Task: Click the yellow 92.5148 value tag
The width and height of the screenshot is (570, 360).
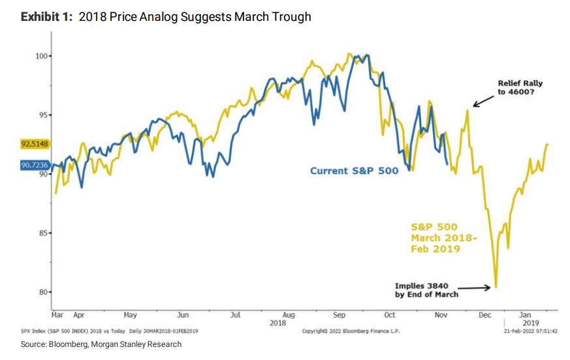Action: (x=35, y=144)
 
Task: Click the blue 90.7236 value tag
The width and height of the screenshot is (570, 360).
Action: (x=35, y=165)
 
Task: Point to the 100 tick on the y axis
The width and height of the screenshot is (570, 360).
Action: (x=41, y=56)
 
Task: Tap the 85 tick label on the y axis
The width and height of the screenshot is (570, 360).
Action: (x=43, y=233)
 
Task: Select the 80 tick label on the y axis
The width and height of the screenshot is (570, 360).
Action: (x=43, y=291)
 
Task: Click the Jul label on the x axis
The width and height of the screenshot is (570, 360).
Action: (x=235, y=314)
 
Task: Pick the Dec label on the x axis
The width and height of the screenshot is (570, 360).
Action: (x=484, y=314)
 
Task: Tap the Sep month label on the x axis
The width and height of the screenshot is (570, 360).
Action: (x=339, y=315)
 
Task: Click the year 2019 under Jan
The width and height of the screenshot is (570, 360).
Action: (x=531, y=323)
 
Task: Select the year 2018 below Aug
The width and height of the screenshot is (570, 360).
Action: (x=277, y=323)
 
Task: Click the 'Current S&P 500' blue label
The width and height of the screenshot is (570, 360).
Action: (x=354, y=171)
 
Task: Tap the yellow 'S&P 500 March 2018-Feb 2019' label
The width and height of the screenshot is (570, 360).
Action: (x=444, y=238)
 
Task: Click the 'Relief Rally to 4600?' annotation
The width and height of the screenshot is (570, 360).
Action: (x=520, y=88)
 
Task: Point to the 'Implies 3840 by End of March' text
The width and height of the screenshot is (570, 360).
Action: (x=427, y=290)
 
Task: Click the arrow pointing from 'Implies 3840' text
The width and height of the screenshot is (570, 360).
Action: (x=473, y=288)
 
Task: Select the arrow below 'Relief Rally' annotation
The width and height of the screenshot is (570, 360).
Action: (x=483, y=101)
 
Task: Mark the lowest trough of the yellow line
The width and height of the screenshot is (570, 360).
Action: (x=496, y=287)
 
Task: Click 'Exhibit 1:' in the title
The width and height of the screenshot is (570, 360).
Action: (x=46, y=17)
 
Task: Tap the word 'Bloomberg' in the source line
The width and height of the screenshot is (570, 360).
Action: (x=68, y=344)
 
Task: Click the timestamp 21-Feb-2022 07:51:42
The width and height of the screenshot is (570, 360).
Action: (x=530, y=331)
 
